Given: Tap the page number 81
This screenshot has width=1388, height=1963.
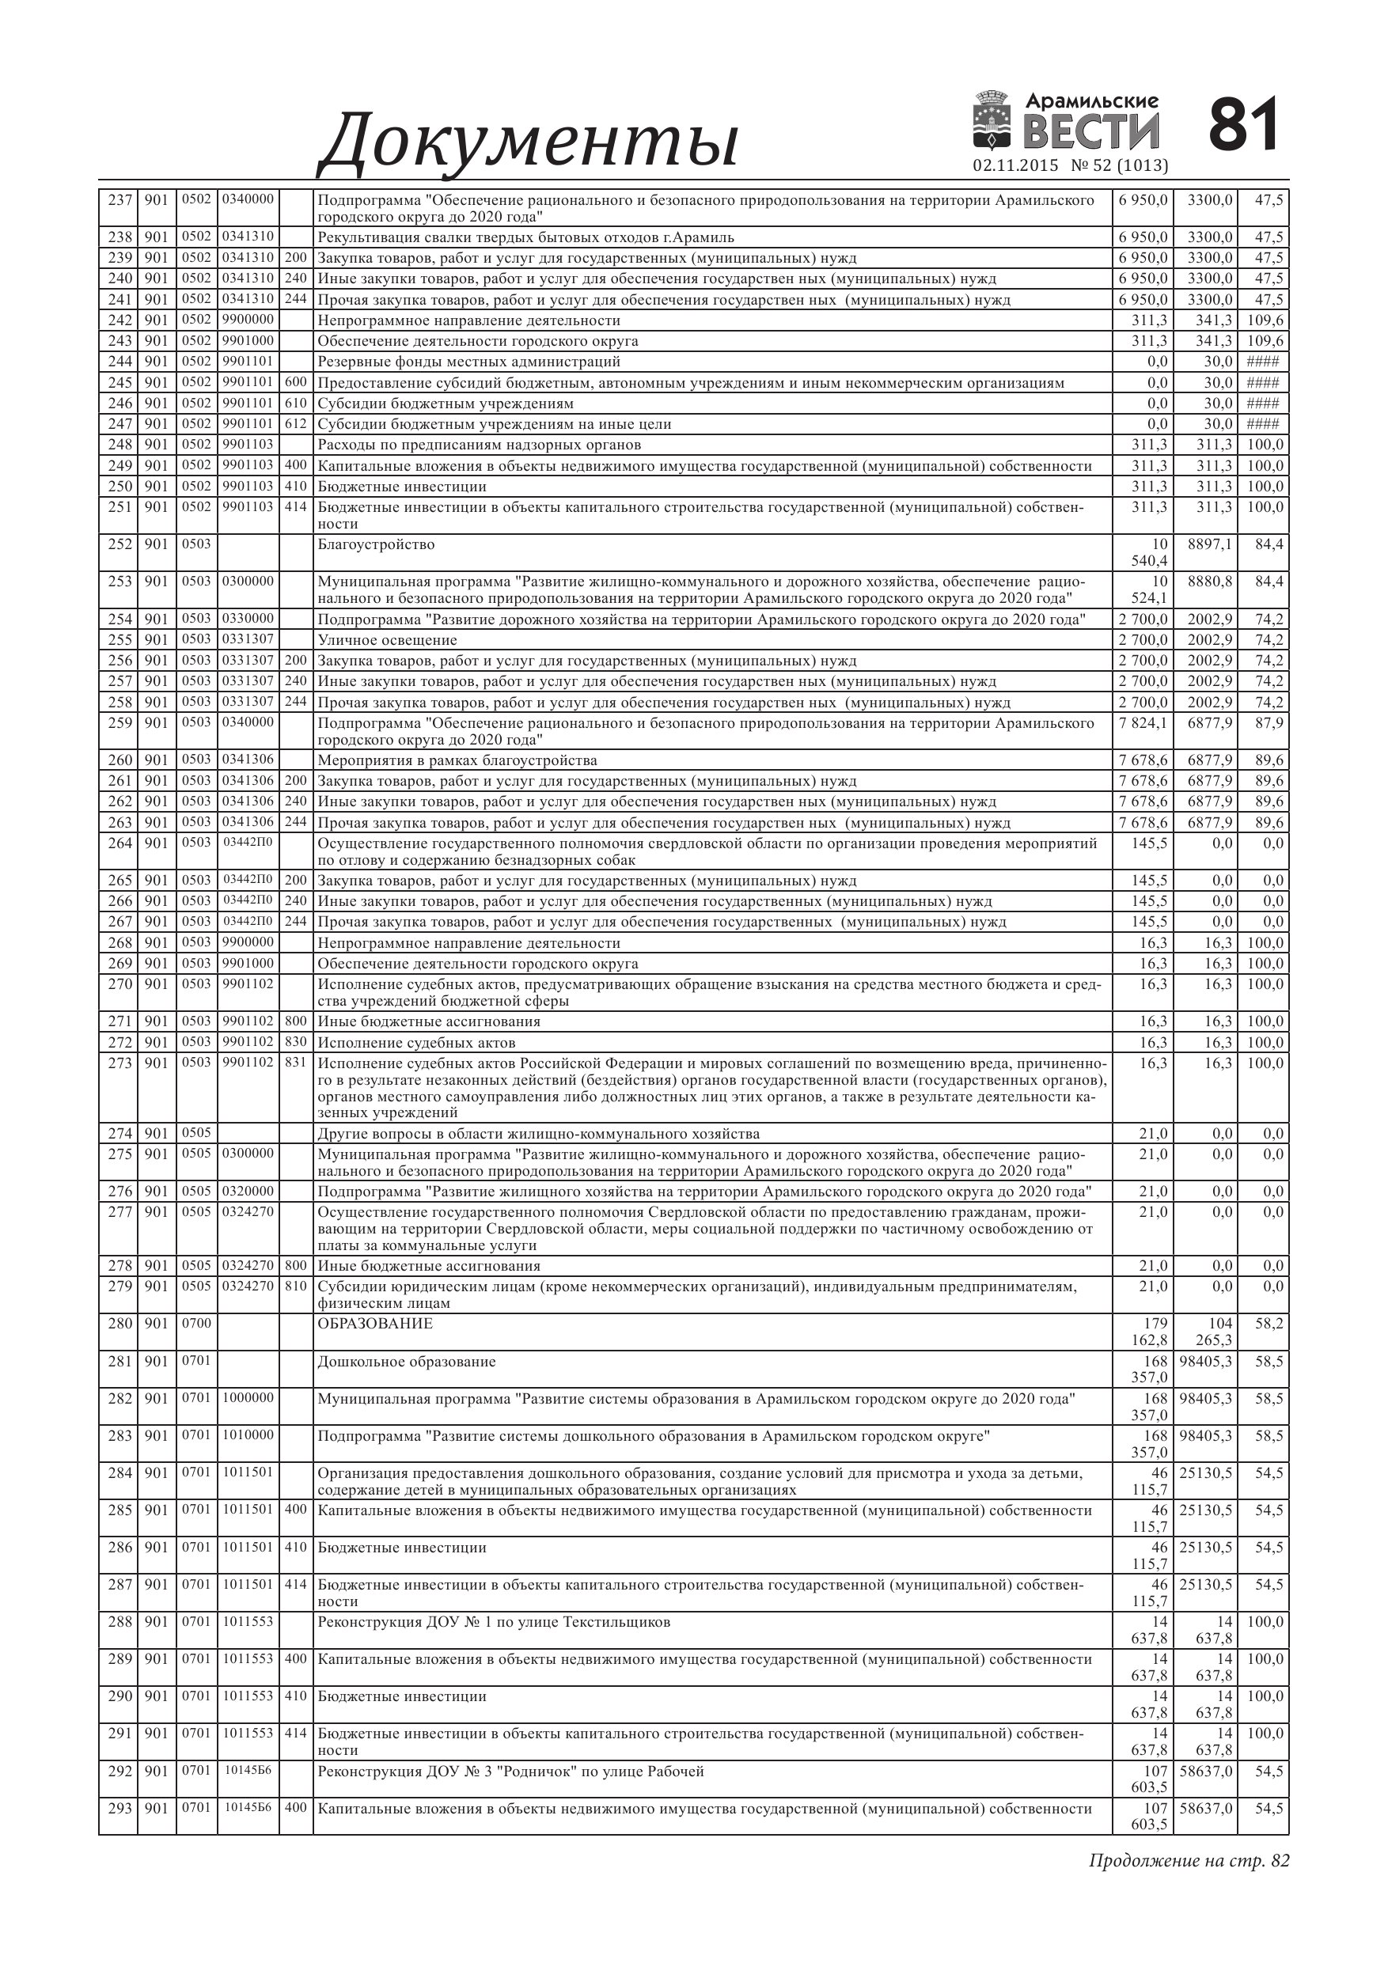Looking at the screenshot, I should (x=1243, y=125).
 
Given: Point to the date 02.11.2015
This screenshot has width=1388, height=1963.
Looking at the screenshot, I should (x=1015, y=165).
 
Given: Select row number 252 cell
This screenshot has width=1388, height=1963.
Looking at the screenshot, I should (x=119, y=544).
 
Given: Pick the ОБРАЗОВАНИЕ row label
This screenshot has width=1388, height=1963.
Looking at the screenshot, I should (x=375, y=1324).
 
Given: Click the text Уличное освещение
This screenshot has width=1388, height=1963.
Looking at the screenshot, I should (x=388, y=639).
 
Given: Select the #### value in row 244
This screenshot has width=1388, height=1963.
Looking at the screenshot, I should (x=1263, y=362).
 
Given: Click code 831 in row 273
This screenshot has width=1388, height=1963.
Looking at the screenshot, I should (x=296, y=1063).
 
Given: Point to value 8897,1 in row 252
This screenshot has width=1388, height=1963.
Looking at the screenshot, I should (x=1210, y=544).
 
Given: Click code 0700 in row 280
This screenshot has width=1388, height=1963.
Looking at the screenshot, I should (x=195, y=1324).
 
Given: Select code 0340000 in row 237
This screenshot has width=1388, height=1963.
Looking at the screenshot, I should (x=248, y=199).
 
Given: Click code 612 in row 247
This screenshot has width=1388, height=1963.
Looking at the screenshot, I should (x=296, y=424).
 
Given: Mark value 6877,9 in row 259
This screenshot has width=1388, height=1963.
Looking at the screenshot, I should (x=1210, y=722).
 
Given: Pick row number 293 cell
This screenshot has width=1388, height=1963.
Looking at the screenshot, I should (x=119, y=1808).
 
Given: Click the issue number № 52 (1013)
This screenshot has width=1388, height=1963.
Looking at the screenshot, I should (x=1120, y=165).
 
